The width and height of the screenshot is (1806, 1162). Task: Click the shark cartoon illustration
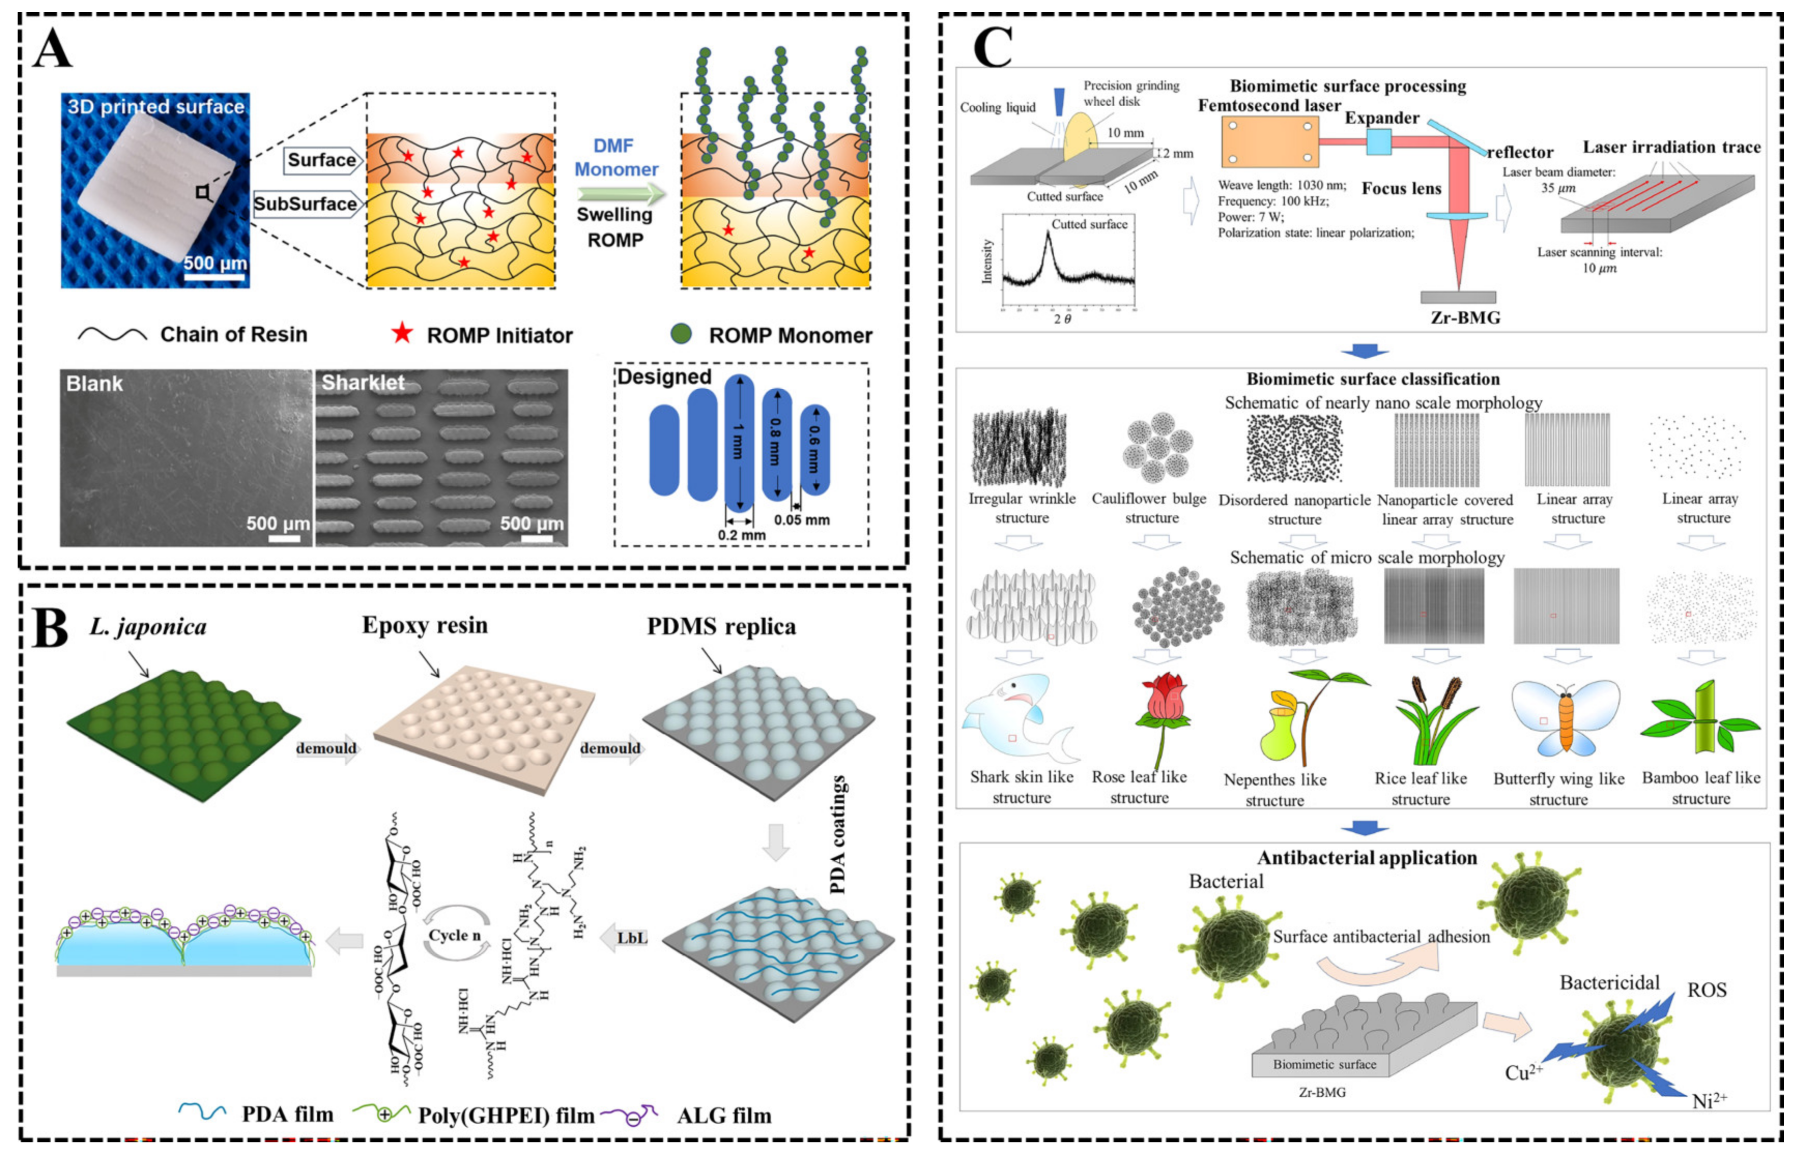tap(1015, 721)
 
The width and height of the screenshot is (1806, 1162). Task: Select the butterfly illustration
tap(1565, 717)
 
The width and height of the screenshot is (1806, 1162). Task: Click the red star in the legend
tap(402, 333)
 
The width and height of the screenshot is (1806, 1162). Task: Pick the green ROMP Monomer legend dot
tap(681, 333)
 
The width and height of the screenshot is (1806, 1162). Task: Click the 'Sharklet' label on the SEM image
tap(363, 383)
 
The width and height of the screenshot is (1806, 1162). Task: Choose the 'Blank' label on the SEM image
tap(94, 383)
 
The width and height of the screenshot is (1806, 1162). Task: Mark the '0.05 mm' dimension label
tap(801, 520)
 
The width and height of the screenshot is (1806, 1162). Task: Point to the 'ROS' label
tap(1707, 990)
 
